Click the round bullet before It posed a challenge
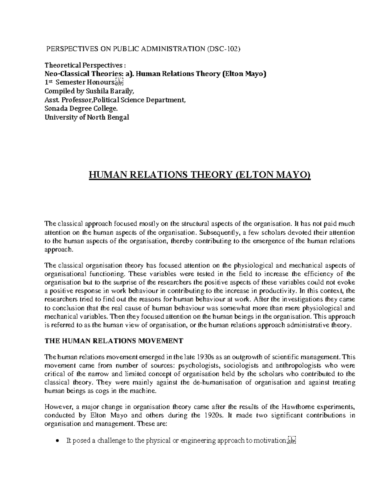[x=57, y=441]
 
